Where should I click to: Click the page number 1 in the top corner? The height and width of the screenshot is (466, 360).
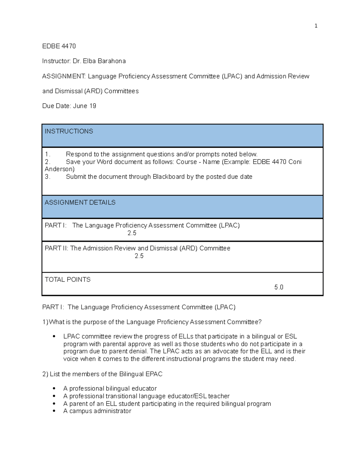tap(316, 26)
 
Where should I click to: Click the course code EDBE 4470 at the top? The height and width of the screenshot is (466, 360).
tap(59, 46)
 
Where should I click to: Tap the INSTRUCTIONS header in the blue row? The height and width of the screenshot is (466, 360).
tap(69, 131)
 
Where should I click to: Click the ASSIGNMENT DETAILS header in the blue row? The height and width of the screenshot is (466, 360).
tap(80, 203)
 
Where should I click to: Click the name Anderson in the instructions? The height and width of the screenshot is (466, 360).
tap(59, 169)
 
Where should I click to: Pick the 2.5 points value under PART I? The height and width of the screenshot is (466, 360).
tap(132, 233)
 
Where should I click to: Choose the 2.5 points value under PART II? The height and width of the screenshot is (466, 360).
tap(139, 256)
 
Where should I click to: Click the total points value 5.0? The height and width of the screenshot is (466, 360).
tap(279, 287)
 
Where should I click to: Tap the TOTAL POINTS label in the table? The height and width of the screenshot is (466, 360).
tap(67, 280)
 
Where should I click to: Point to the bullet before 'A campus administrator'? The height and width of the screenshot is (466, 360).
tap(54, 411)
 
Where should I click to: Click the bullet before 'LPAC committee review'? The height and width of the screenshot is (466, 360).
tap(54, 337)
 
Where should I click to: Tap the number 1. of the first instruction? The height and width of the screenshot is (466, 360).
tap(47, 155)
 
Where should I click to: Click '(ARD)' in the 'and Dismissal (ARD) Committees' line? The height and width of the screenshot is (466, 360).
tap(93, 91)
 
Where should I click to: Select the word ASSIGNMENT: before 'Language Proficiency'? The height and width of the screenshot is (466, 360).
tap(64, 77)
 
